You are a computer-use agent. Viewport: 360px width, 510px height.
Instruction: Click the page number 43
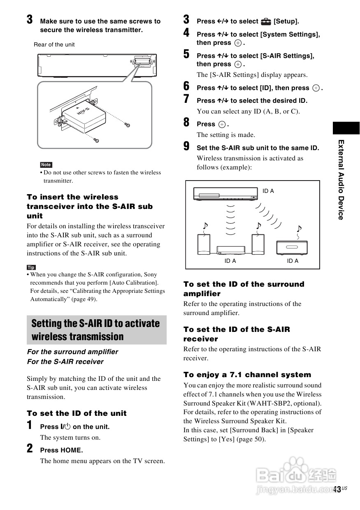(337, 489)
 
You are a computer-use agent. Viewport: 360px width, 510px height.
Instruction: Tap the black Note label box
(46, 165)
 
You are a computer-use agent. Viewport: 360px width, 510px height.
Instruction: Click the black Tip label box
(31, 267)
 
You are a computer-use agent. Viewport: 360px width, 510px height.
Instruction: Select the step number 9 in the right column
(186, 146)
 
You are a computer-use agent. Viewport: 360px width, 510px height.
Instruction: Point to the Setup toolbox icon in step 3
(266, 21)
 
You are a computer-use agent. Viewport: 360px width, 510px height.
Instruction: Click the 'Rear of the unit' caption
(54, 44)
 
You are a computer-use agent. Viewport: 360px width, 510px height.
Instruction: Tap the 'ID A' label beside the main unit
(268, 191)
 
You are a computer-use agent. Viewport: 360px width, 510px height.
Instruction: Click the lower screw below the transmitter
(96, 140)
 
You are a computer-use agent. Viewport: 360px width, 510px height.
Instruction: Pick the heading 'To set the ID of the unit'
(77, 413)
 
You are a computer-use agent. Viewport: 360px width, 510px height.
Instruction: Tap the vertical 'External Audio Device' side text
(341, 179)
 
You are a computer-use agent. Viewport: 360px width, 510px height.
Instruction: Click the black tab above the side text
(346, 128)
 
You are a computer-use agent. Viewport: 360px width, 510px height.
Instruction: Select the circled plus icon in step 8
(222, 124)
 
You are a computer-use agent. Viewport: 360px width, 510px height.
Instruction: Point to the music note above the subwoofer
(299, 228)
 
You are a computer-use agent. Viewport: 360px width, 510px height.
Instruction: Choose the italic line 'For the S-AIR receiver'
(65, 362)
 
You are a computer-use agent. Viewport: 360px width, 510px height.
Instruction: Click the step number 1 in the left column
(30, 425)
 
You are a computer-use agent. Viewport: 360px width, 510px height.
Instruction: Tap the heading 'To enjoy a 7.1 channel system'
(247, 375)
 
